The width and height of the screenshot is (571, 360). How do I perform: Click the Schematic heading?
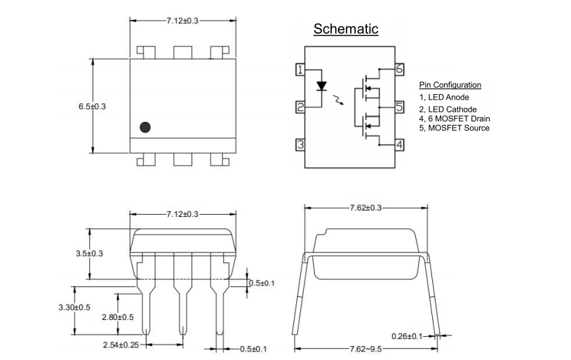tap(346, 29)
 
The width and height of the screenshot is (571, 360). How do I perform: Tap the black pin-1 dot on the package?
tap(145, 127)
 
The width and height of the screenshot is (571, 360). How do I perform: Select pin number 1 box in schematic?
tap(300, 69)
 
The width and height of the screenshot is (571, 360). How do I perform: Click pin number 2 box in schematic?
tap(300, 107)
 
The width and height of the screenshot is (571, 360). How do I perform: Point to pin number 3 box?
tap(300, 145)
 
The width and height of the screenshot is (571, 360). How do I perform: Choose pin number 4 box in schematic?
tap(399, 145)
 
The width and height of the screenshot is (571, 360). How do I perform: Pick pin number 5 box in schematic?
tap(399, 107)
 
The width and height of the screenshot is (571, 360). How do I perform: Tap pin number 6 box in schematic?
tap(399, 69)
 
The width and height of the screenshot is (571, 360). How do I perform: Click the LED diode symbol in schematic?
tap(322, 87)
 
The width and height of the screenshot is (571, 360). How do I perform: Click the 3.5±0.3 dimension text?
tap(90, 253)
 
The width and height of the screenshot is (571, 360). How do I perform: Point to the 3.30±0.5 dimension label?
tap(74, 307)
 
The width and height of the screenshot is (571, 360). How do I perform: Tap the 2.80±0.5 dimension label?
tap(118, 317)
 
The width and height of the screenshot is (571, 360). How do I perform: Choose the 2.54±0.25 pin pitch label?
tap(121, 345)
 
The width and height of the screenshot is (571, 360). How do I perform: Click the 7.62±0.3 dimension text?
tap(365, 208)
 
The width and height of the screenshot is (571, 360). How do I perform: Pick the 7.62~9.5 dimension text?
tap(365, 349)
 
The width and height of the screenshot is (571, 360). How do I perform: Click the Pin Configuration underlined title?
tap(450, 85)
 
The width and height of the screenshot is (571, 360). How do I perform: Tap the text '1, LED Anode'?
tap(444, 97)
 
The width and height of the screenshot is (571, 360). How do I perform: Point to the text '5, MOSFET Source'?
tap(455, 128)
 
